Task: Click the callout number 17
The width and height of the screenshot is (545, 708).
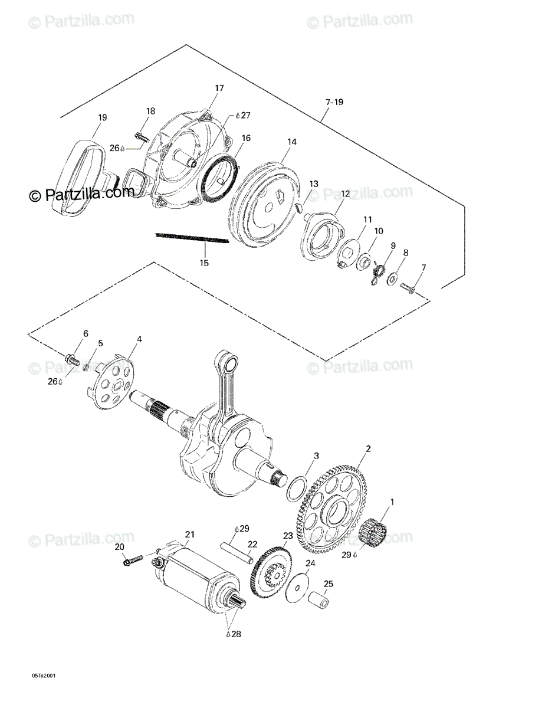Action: tap(219, 88)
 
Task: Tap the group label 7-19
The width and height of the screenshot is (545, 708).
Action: tap(334, 102)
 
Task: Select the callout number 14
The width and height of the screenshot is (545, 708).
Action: tap(292, 142)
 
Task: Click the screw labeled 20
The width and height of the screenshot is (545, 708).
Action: tap(133, 559)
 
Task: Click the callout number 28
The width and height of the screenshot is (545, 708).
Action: tap(236, 635)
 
